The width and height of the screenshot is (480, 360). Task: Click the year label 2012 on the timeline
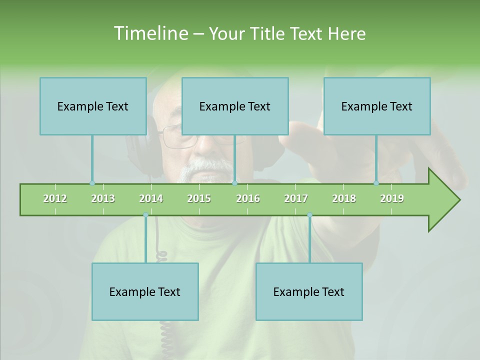pyautogui.click(x=55, y=198)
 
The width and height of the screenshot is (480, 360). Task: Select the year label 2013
pyautogui.click(x=103, y=198)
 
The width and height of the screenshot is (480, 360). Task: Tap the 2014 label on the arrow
pyautogui.click(x=151, y=198)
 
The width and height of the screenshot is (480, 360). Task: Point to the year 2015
pyautogui.click(x=199, y=198)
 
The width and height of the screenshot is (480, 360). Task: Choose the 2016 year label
pyautogui.click(x=248, y=198)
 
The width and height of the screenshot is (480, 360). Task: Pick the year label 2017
pyautogui.click(x=296, y=198)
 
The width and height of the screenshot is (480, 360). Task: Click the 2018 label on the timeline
pyautogui.click(x=344, y=198)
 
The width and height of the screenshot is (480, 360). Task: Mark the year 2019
pyautogui.click(x=392, y=198)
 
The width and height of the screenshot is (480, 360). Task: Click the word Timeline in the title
pyautogui.click(x=149, y=33)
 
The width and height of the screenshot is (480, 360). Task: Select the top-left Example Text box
pyautogui.click(x=93, y=106)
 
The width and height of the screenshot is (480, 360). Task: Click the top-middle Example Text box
pyautogui.click(x=235, y=106)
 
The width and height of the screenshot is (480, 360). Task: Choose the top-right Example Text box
pyautogui.click(x=377, y=106)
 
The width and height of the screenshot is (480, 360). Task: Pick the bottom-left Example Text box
pyautogui.click(x=145, y=291)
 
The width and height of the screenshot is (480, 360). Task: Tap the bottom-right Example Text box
pyautogui.click(x=309, y=291)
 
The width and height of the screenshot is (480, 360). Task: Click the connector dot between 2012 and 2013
pyautogui.click(x=92, y=183)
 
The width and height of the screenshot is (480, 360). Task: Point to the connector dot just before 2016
pyautogui.click(x=234, y=183)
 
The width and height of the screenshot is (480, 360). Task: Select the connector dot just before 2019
pyautogui.click(x=376, y=183)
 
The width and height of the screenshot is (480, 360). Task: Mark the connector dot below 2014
pyautogui.click(x=145, y=215)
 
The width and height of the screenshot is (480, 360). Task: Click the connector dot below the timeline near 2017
pyautogui.click(x=309, y=215)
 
